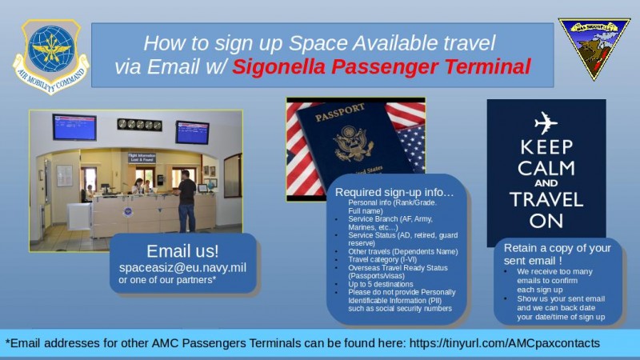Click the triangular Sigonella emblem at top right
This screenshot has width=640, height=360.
coord(594,46)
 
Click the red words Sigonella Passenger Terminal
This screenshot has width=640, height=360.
coord(382,66)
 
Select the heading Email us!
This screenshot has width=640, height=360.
coord(182,250)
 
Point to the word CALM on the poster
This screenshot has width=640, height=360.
coord(546,168)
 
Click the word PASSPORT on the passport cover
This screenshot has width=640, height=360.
coord(340,112)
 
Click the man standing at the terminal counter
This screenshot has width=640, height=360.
coord(186,200)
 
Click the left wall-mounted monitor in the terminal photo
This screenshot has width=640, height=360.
coord(74,127)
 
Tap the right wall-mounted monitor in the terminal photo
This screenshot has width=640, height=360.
coord(192,132)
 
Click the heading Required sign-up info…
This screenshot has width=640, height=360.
coord(394,193)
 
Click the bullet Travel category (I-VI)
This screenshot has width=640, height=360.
coord(380,259)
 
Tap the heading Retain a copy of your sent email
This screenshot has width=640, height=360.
coord(557,254)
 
